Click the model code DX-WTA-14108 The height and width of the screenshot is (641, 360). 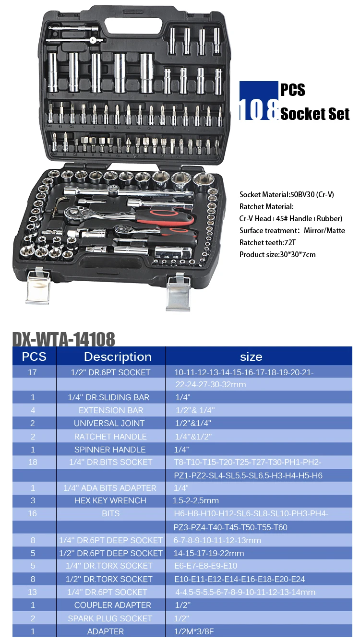click(x=63, y=339)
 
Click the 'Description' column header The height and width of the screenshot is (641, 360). click(x=118, y=356)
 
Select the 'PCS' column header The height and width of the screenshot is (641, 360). click(x=34, y=356)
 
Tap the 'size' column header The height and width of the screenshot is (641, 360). click(x=251, y=356)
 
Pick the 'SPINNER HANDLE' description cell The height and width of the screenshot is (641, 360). click(x=110, y=450)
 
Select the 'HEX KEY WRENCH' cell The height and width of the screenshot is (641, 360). click(x=110, y=500)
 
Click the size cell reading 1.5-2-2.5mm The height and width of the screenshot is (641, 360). click(x=196, y=500)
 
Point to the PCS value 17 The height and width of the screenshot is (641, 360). click(x=32, y=372)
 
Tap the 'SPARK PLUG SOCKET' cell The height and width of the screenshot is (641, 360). click(x=110, y=618)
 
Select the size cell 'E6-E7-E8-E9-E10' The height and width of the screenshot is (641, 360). click(x=205, y=566)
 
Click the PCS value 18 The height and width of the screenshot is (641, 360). click(x=32, y=462)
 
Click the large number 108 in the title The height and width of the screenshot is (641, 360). click(x=259, y=110)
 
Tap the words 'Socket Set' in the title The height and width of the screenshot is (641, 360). click(x=315, y=114)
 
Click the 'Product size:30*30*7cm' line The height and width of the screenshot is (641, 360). click(x=277, y=255)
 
